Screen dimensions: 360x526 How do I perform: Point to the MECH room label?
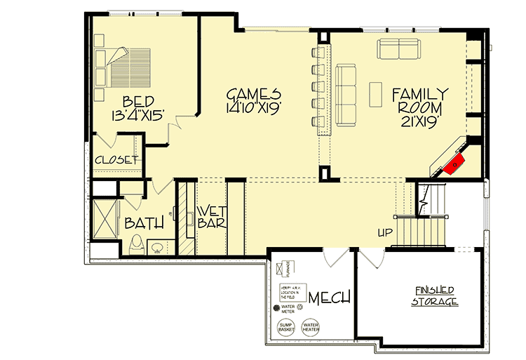point(330,298)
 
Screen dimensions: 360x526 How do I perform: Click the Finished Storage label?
point(434,296)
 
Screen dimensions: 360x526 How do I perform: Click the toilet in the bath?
point(139,244)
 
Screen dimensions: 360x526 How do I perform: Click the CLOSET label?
point(116,160)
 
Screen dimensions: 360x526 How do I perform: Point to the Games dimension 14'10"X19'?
point(253,108)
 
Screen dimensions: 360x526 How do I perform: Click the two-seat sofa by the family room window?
point(399,48)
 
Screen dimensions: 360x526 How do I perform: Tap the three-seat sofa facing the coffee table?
point(344,85)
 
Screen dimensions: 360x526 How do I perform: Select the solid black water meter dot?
point(276,308)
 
